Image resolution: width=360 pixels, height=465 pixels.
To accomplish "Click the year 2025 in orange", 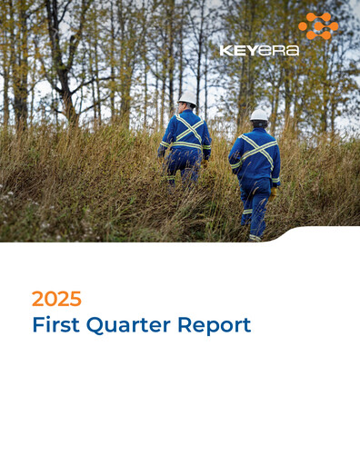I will click(56, 299).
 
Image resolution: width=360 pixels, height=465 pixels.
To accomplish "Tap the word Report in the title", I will click(215, 325).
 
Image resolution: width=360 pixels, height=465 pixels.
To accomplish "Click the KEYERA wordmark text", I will click(259, 51).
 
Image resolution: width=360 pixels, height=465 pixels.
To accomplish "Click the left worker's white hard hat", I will click(188, 97).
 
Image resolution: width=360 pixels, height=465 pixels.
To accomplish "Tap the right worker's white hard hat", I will click(259, 115).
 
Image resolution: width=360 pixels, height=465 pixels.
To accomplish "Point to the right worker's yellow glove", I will click(273, 193).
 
